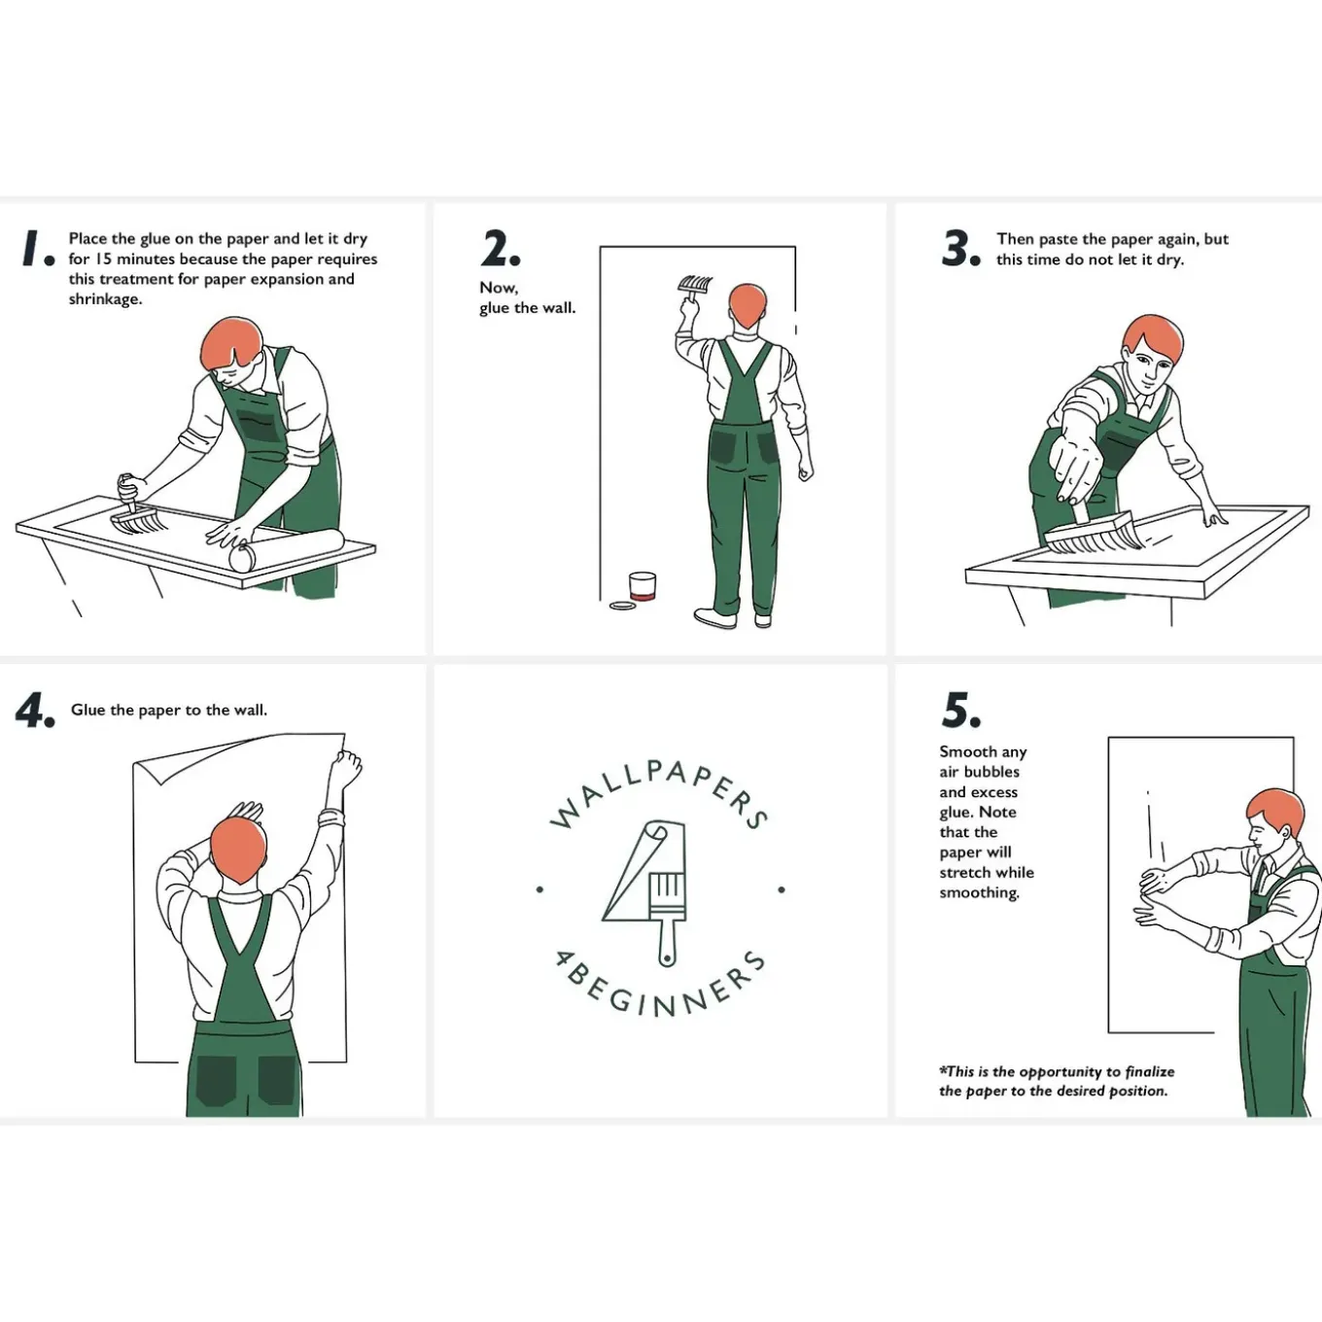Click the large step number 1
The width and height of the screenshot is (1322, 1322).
38,248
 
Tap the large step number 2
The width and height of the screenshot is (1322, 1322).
501,248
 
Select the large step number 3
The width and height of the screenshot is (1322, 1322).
960,248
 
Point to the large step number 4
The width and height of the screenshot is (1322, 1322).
34,710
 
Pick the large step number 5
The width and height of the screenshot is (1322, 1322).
960,710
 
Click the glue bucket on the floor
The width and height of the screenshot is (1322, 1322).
643,587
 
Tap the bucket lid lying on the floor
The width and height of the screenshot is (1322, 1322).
622,606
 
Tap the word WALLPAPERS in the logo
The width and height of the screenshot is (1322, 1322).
659,789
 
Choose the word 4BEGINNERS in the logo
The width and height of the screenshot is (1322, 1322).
660,987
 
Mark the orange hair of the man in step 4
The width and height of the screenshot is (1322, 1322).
238,850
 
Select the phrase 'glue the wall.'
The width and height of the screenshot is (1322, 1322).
528,308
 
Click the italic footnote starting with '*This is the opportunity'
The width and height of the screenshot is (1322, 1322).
1057,1081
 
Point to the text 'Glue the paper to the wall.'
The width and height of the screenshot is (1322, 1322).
169,710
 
